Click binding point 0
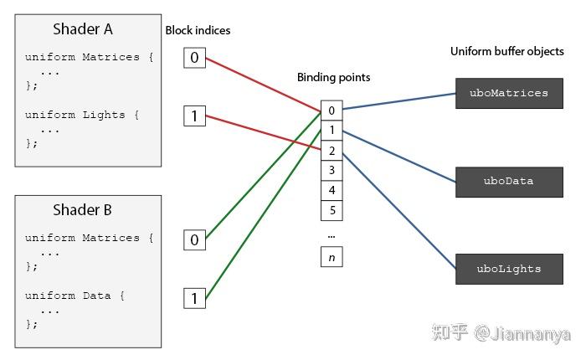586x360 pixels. tap(332, 111)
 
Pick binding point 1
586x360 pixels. tap(332, 131)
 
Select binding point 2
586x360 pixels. tap(332, 151)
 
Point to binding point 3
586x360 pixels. tap(332, 171)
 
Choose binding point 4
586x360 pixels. tap(332, 191)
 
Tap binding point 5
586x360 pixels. tap(332, 210)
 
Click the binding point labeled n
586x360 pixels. tap(332, 257)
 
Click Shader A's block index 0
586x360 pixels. tap(194, 58)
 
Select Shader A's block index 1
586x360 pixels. tap(194, 116)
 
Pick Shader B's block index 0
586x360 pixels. tap(194, 240)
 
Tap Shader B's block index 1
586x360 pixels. tap(194, 298)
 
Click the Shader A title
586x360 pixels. tap(82, 29)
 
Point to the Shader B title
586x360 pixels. tap(82, 210)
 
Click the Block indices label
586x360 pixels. tap(198, 30)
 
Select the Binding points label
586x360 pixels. tap(333, 77)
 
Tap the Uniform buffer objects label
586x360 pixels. tap(507, 51)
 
